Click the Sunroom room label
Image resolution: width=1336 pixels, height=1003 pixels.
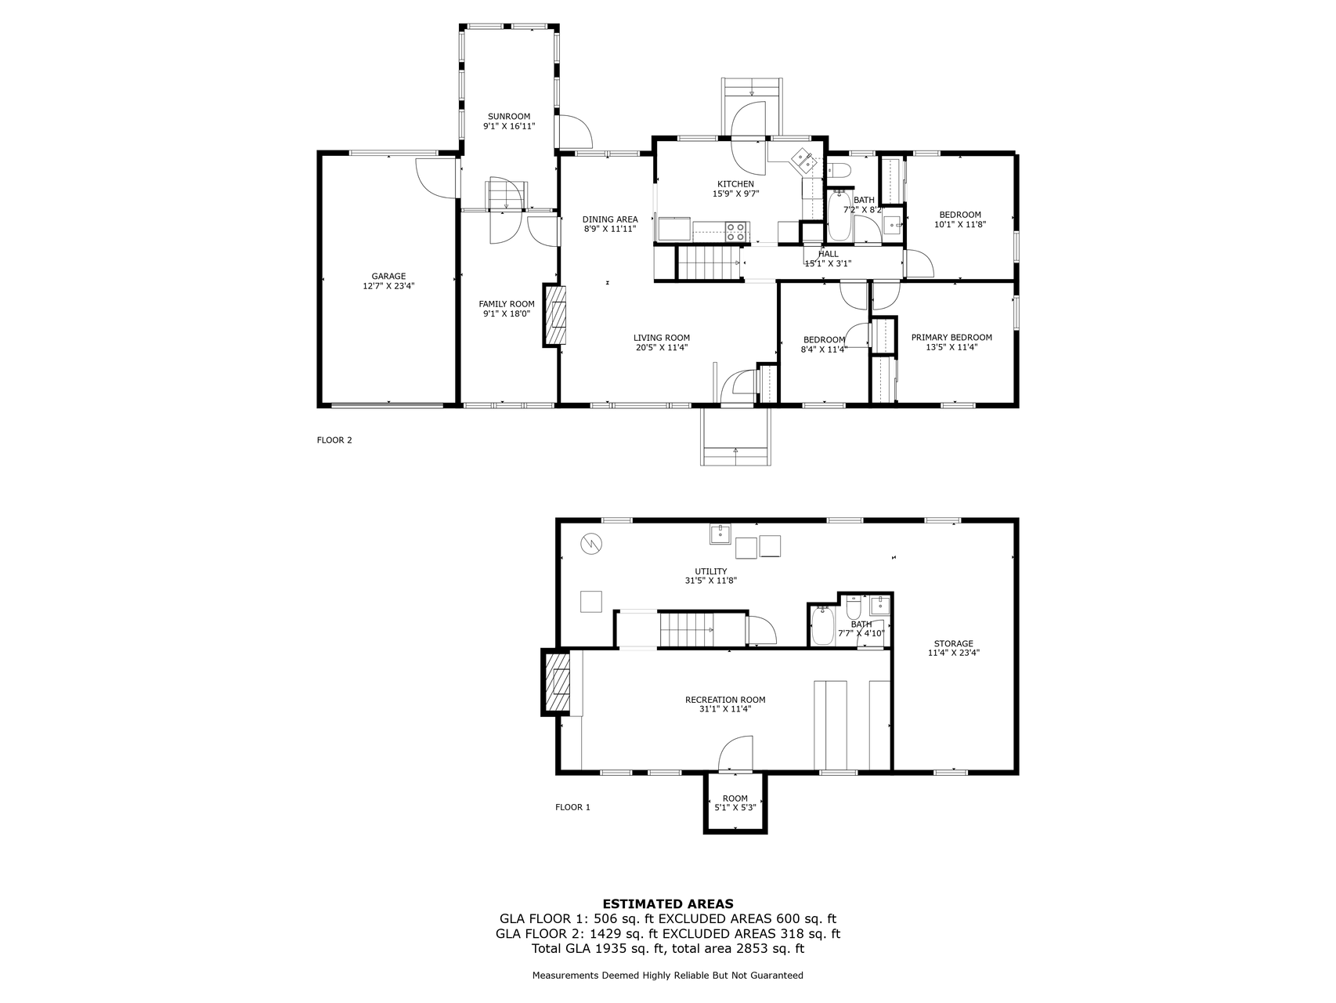(509, 116)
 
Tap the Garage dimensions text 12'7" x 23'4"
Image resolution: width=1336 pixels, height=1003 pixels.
(388, 286)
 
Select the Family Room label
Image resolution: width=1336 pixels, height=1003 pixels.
(507, 304)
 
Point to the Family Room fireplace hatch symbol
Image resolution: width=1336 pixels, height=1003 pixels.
(557, 314)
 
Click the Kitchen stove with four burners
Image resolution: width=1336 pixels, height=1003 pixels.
(735, 231)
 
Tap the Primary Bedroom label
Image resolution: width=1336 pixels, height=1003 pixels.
(951, 337)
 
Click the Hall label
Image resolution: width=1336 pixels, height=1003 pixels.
(828, 254)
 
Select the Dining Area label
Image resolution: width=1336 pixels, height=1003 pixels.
(610, 219)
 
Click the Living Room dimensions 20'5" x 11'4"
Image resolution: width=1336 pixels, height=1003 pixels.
(662, 347)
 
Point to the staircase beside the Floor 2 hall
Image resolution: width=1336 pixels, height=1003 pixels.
(709, 263)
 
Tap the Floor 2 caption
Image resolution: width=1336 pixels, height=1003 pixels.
(334, 440)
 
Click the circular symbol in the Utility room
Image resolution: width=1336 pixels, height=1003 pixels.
(591, 543)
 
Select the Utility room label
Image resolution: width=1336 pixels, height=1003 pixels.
(711, 571)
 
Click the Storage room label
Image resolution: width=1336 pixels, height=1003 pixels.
(954, 643)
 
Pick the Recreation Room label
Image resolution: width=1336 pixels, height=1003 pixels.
(725, 700)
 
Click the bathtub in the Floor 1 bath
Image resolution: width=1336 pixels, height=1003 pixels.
(822, 625)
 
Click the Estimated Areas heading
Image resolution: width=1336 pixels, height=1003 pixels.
(668, 903)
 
